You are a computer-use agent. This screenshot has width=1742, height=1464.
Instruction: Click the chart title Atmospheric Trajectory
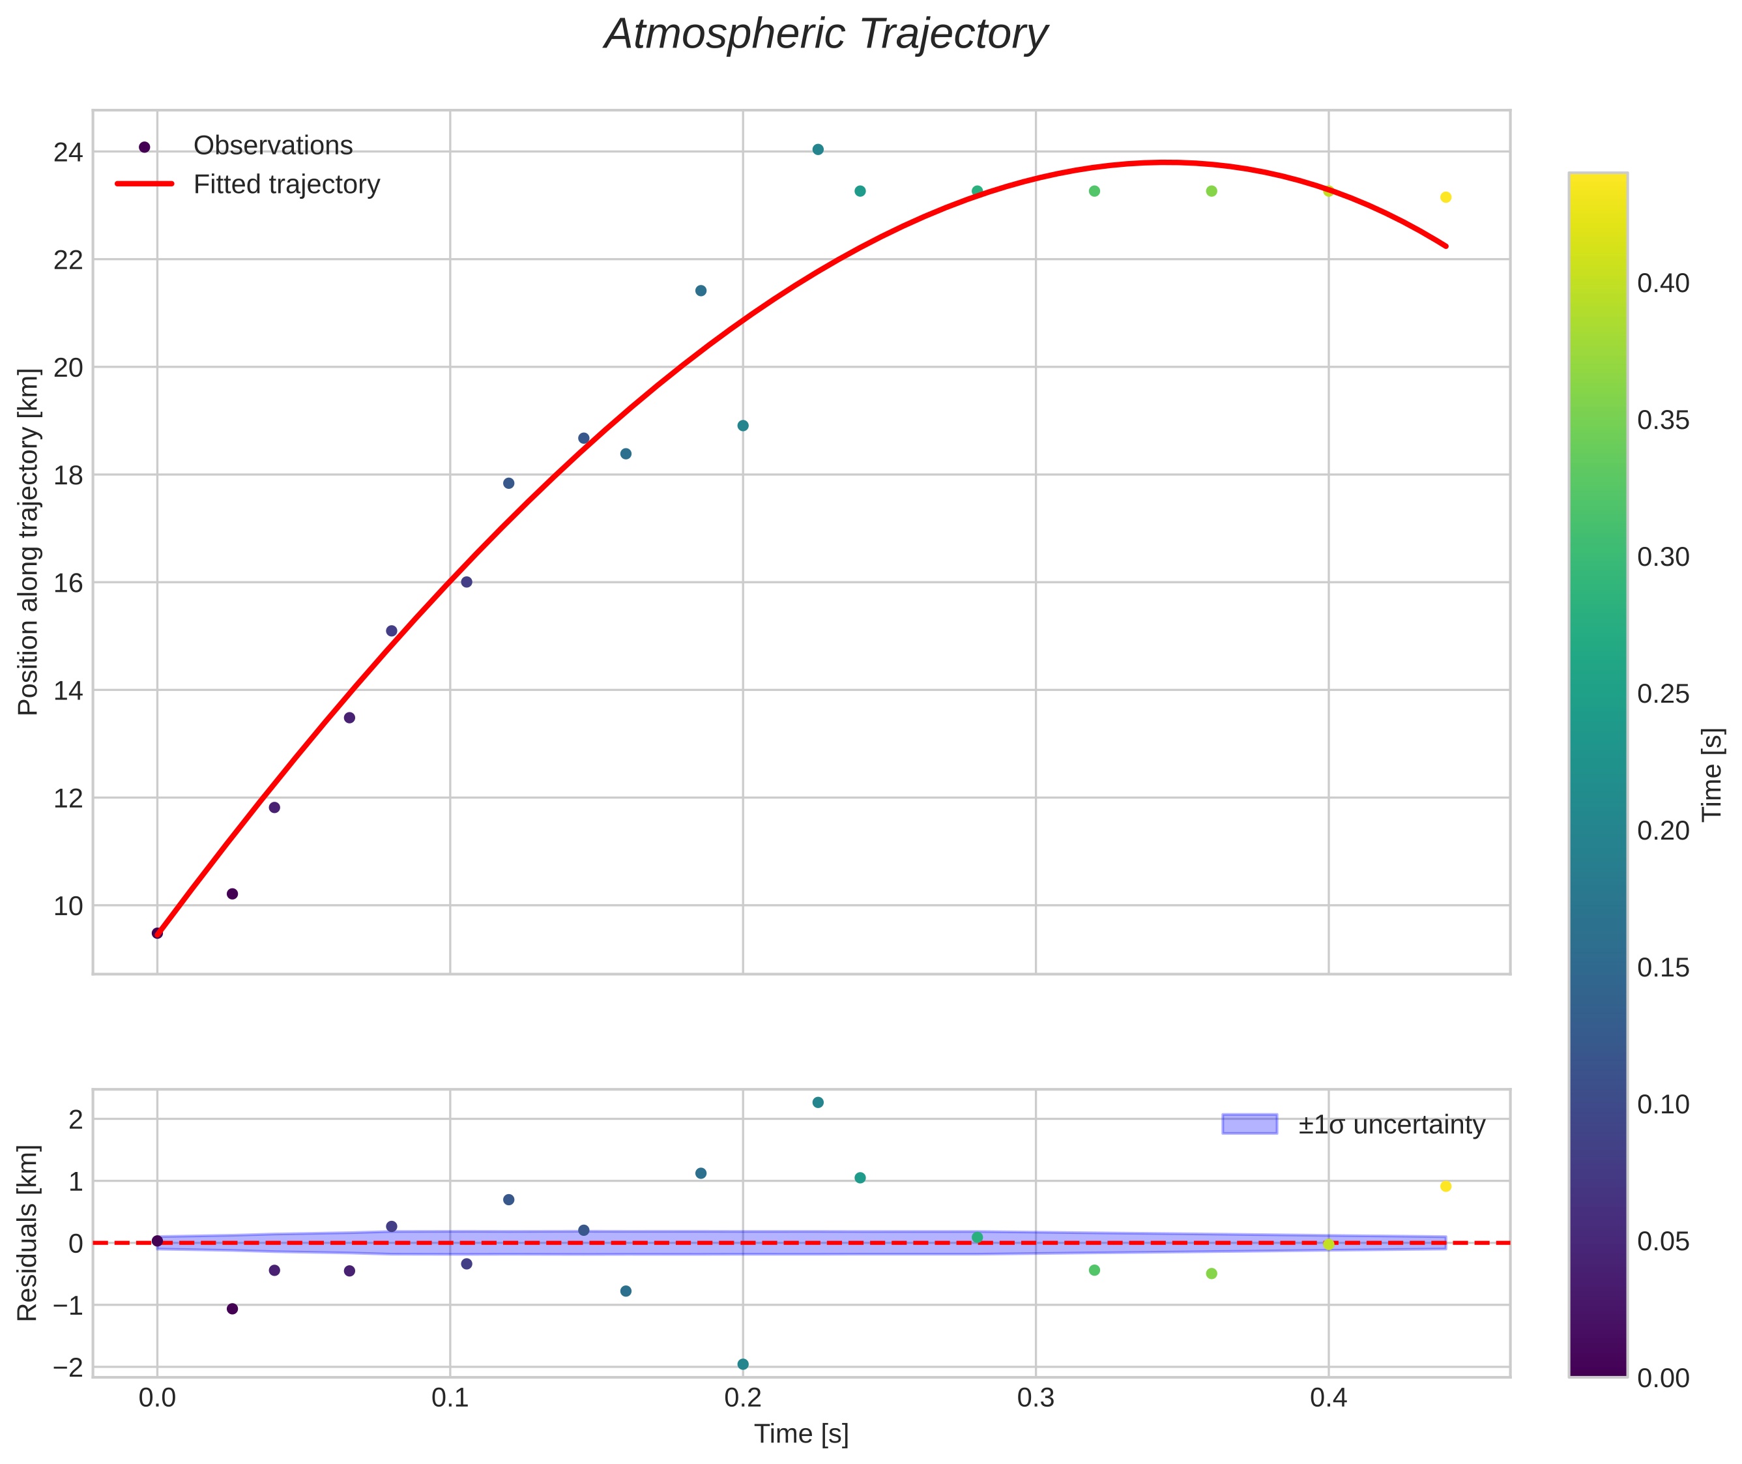pyautogui.click(x=826, y=35)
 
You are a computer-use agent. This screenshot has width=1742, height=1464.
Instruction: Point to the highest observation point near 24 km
pyautogui.click(x=817, y=149)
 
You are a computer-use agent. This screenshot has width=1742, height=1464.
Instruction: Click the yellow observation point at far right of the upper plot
pyautogui.click(x=1445, y=198)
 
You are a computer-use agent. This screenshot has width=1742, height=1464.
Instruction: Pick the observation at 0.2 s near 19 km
pyautogui.click(x=743, y=426)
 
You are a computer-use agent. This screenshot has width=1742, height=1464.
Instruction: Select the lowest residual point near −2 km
pyautogui.click(x=743, y=1364)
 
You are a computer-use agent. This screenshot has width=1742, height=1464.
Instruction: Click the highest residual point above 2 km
pyautogui.click(x=817, y=1102)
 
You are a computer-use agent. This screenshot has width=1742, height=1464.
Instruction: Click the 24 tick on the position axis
pyautogui.click(x=68, y=153)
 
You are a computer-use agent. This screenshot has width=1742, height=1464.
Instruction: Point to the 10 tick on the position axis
pyautogui.click(x=68, y=906)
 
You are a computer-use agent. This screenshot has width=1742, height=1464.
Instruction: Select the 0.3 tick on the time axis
pyautogui.click(x=1036, y=1398)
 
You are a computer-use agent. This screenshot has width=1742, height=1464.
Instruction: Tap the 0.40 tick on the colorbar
pyautogui.click(x=1663, y=284)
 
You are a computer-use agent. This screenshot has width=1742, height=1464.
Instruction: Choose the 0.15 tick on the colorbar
pyautogui.click(x=1663, y=968)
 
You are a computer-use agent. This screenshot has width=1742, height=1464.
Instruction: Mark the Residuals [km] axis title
pyautogui.click(x=28, y=1233)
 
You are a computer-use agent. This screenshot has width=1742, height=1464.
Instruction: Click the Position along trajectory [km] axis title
pyautogui.click(x=28, y=542)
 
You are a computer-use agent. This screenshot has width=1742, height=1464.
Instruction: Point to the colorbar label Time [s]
pyautogui.click(x=1713, y=774)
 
